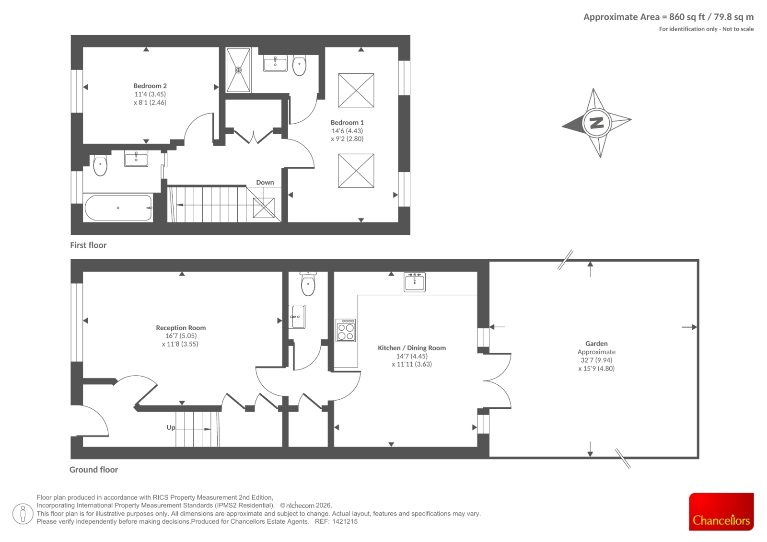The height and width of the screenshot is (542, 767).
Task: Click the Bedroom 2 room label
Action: pos(150,86)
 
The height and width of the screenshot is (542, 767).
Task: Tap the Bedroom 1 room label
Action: pos(347,123)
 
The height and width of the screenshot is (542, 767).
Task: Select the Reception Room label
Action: pos(181,328)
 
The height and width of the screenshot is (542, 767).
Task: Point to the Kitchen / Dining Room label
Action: pos(412,348)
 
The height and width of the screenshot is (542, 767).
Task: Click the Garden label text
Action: pos(596,344)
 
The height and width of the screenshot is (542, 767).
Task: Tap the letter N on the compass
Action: pos(597,123)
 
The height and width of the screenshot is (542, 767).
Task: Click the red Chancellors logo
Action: pos(721,511)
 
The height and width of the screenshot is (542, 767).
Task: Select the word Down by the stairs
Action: pos(265,183)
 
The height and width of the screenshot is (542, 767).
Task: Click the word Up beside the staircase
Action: pos(171,427)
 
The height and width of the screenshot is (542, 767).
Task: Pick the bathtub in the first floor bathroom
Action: pos(118,208)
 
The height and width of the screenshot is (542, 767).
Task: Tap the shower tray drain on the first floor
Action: pos(238,70)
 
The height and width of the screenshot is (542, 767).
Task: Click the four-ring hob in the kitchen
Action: pos(346,330)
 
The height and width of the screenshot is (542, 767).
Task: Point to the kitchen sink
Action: pos(414,282)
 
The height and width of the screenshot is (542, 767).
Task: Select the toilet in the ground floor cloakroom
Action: pos(308,284)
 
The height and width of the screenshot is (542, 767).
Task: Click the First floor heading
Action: pos(88,245)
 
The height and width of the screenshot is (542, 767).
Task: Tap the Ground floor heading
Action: pos(94,470)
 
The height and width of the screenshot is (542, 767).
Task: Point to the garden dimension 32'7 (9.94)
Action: pos(596,360)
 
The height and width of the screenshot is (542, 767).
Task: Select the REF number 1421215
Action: pos(345,521)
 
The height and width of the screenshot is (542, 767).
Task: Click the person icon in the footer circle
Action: pos(23,514)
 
